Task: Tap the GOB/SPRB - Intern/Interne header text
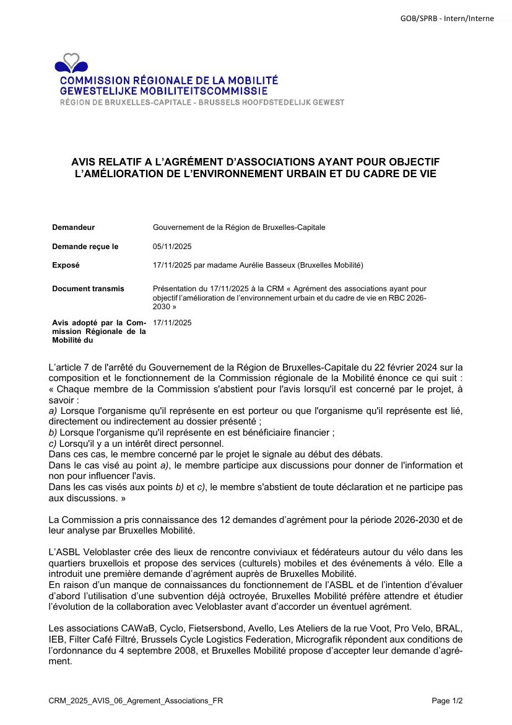tap(447, 19)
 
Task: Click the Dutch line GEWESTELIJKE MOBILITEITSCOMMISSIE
tap(155, 91)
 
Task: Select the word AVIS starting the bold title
tap(85, 162)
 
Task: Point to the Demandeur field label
tap(73, 227)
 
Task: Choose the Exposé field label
tap(66, 265)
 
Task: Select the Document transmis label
tap(88, 289)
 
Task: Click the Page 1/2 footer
tap(447, 701)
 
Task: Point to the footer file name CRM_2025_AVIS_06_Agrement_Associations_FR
tap(136, 701)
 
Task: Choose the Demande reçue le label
tap(85, 247)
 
